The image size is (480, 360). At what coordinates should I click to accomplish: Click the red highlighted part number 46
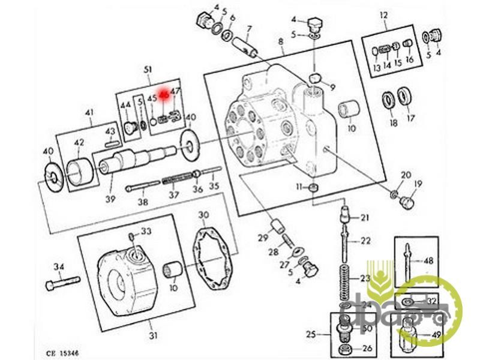(163, 94)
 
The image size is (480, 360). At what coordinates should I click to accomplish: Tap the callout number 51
(148, 70)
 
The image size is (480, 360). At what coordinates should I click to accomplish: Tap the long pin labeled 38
(144, 188)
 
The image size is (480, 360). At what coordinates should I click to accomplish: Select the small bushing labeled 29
(277, 227)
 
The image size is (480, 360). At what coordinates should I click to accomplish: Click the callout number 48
(428, 261)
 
